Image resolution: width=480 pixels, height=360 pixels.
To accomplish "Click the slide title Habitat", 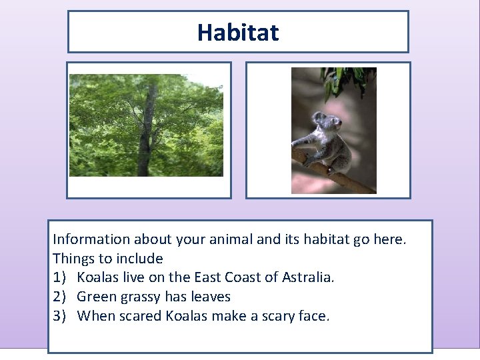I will [238, 32].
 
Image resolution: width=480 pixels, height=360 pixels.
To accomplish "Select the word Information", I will [91, 239].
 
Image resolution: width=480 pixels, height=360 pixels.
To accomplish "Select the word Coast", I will [241, 277].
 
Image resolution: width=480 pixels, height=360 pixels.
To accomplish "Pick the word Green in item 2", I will [96, 297].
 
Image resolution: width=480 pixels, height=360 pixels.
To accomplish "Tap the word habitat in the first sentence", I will [318, 239].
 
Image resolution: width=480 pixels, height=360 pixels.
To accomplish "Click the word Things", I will [73, 258].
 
